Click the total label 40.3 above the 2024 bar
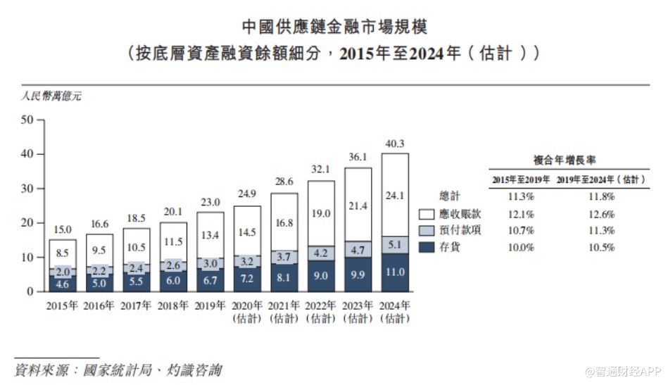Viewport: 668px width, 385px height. pyautogui.click(x=395, y=144)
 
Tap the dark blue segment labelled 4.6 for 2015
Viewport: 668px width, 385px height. pyautogui.click(x=62, y=283)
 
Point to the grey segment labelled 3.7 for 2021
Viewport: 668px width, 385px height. pyautogui.click(x=284, y=257)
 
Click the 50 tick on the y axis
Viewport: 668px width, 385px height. pyautogui.click(x=27, y=120)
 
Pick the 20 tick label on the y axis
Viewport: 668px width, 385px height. pyautogui.click(x=27, y=222)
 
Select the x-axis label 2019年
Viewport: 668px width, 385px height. pyautogui.click(x=210, y=305)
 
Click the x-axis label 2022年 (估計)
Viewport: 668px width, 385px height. pyautogui.click(x=321, y=311)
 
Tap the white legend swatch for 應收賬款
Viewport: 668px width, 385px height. pyautogui.click(x=427, y=213)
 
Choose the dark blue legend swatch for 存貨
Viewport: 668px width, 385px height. pyautogui.click(x=427, y=247)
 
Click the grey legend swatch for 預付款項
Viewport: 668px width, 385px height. pyautogui.click(x=427, y=230)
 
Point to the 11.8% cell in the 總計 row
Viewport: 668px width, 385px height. pyautogui.click(x=602, y=196)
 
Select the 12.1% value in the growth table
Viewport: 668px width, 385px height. pyautogui.click(x=522, y=213)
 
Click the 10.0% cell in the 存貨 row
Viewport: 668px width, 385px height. pyautogui.click(x=522, y=247)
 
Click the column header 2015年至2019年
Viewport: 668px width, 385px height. pyautogui.click(x=522, y=179)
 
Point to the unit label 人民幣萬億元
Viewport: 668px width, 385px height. pyautogui.click(x=51, y=96)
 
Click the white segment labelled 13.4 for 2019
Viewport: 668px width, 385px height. pyautogui.click(x=210, y=234)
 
